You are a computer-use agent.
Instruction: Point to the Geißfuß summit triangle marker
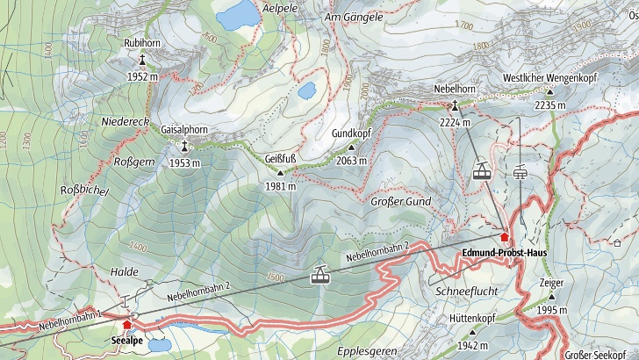coord(281,172)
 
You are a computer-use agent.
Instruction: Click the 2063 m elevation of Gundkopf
coord(351,161)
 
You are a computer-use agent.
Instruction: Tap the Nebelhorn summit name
coord(455,90)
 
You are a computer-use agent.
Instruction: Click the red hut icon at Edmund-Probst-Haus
coord(504,237)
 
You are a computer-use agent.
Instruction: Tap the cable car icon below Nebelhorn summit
coord(481,171)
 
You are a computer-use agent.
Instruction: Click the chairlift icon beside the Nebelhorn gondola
coord(521,172)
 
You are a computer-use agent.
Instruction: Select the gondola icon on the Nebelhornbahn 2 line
coord(321,277)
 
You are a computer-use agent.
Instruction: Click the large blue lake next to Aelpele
coord(233,16)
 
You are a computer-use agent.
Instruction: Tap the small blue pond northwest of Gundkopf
coord(307,90)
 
